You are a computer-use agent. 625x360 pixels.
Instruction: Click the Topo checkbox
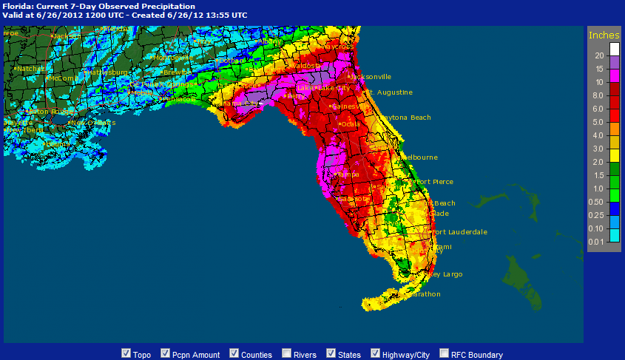pyautogui.click(x=126, y=353)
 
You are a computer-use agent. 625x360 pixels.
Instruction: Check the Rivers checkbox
pyautogui.click(x=286, y=353)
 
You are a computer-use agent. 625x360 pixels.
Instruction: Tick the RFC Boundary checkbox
pyautogui.click(x=445, y=353)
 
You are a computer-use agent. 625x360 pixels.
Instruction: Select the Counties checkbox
pyautogui.click(x=234, y=353)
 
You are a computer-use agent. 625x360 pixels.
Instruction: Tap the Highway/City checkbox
pyautogui.click(x=376, y=353)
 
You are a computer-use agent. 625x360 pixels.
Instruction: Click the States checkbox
pyautogui.click(x=332, y=353)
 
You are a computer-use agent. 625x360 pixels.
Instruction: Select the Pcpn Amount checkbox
pyautogui.click(x=166, y=353)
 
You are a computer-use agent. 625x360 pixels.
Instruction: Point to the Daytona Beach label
pyautogui.click(x=406, y=118)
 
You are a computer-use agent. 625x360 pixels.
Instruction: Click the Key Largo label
pyautogui.click(x=445, y=274)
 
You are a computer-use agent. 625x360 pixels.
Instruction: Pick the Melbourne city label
pyautogui.click(x=419, y=157)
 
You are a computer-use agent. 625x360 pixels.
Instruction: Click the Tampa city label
pyautogui.click(x=348, y=174)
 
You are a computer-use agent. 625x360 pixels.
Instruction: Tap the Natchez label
pyautogui.click(x=30, y=69)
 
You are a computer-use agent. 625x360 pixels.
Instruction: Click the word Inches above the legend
pyautogui.click(x=604, y=35)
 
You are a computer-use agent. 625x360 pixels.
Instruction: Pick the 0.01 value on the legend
pyautogui.click(x=598, y=241)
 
